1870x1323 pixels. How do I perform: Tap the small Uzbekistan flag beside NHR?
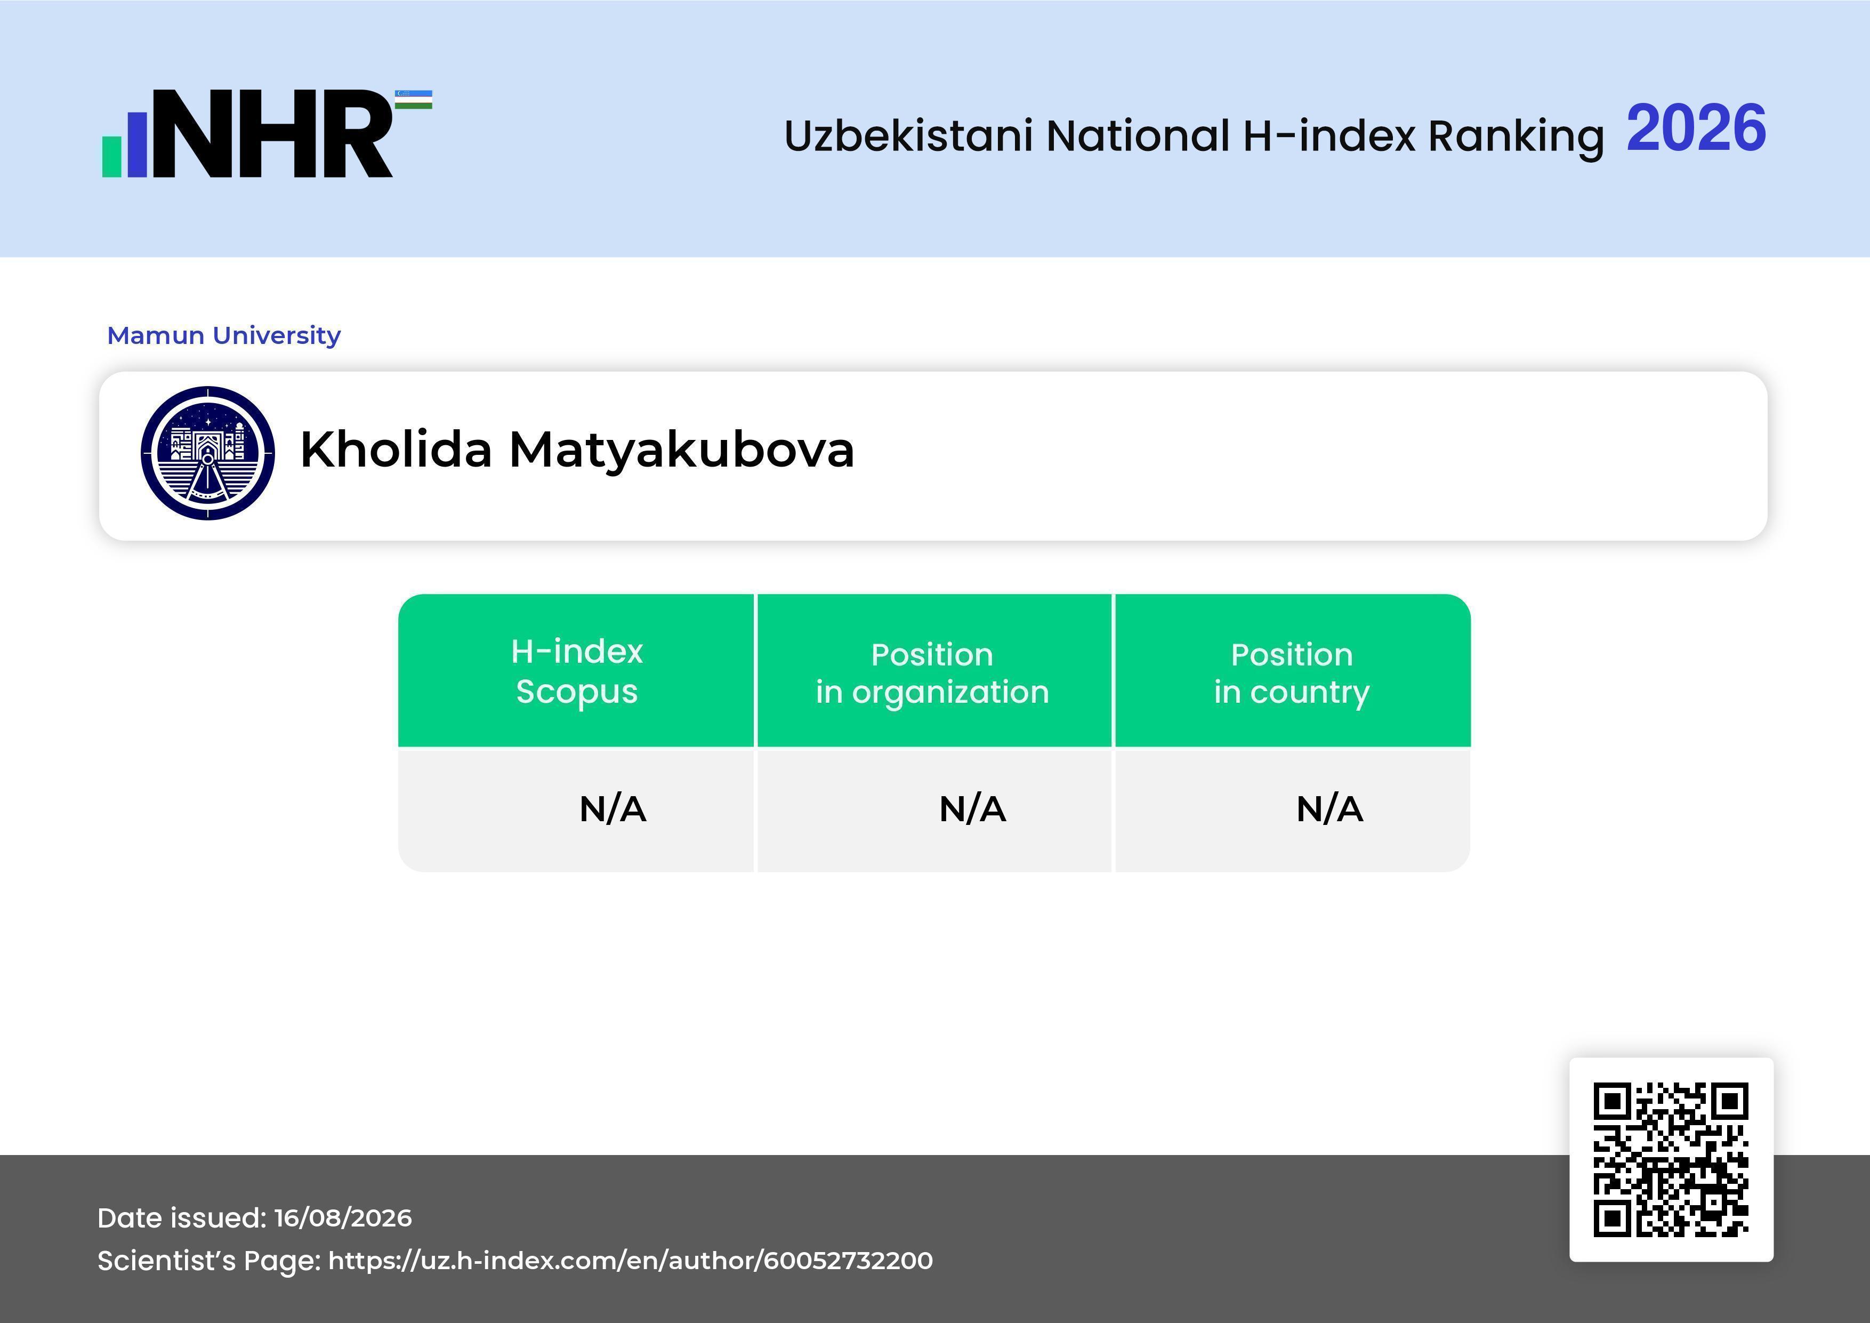pyautogui.click(x=414, y=99)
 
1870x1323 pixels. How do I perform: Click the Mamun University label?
pyautogui.click(x=224, y=335)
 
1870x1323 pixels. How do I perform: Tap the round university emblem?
pyautogui.click(x=208, y=453)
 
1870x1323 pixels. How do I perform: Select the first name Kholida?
pyautogui.click(x=397, y=449)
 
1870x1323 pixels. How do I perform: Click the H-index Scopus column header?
pyautogui.click(x=577, y=671)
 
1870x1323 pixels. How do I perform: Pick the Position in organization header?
pyautogui.click(x=932, y=673)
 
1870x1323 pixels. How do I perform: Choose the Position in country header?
pyautogui.click(x=1292, y=673)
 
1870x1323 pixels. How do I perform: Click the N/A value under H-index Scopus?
pyautogui.click(x=612, y=809)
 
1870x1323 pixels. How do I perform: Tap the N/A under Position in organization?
pyautogui.click(x=972, y=809)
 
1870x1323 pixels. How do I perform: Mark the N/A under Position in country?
pyautogui.click(x=1329, y=809)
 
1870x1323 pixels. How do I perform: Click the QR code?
pyautogui.click(x=1671, y=1159)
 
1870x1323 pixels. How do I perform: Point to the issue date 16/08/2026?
pyautogui.click(x=343, y=1218)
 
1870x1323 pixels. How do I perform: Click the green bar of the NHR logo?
pyautogui.click(x=111, y=156)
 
